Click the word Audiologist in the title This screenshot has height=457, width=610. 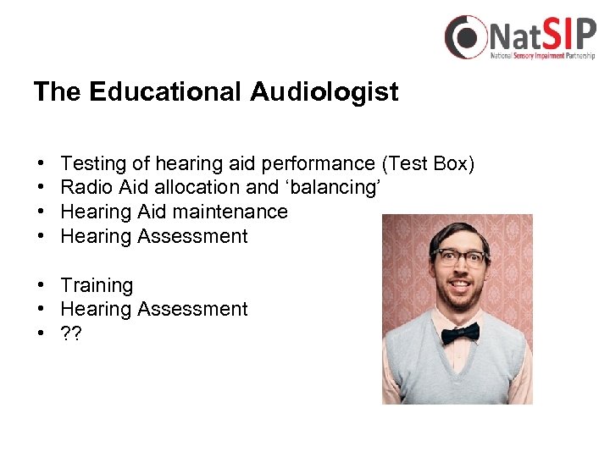324,92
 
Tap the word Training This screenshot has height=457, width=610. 97,285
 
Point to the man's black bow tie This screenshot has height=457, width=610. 460,333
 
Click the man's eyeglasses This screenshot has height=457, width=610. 460,258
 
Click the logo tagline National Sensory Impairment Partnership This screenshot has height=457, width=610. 542,56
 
